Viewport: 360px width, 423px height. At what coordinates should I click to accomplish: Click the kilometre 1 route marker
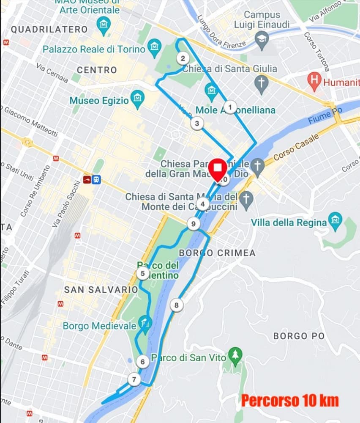pos(230,107)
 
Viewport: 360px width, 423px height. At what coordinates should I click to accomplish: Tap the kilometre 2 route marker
pos(183,58)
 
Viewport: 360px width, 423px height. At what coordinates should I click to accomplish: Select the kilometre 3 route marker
pos(196,124)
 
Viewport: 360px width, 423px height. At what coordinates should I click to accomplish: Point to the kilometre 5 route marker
pos(143,274)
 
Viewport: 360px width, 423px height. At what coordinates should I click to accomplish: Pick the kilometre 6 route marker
pos(143,362)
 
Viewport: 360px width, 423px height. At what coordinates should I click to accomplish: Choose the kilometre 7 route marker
pos(134,379)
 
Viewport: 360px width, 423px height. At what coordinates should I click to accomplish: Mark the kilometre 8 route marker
pos(176,305)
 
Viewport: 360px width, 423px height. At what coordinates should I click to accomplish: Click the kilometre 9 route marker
pos(194,224)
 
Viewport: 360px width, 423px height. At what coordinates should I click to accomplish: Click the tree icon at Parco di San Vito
pos(235,354)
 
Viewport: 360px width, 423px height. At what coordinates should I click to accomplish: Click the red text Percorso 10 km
pos(290,400)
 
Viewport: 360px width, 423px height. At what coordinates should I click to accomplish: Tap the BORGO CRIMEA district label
pos(217,253)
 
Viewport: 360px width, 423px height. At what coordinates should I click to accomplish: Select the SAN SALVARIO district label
pos(101,289)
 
